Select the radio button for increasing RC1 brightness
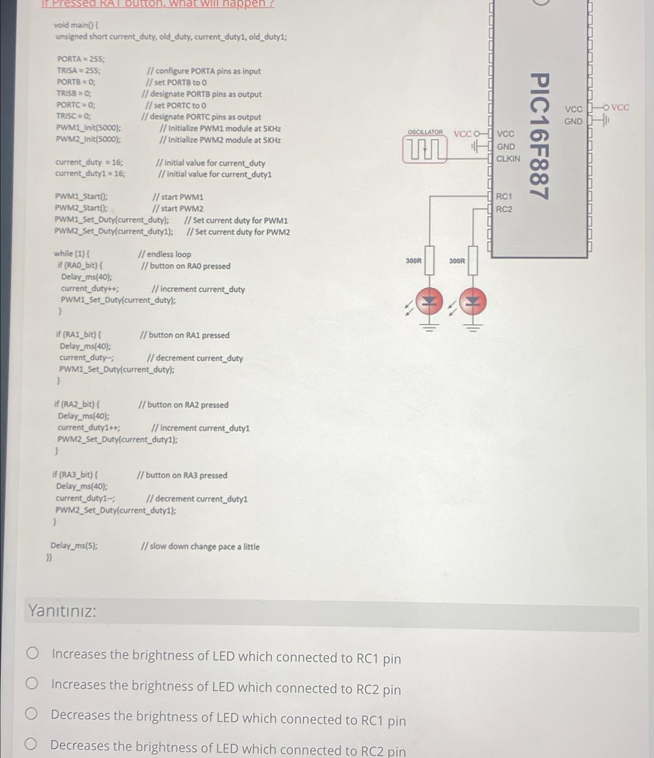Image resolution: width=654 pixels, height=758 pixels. (x=32, y=653)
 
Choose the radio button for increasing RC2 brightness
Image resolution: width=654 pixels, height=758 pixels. (x=32, y=683)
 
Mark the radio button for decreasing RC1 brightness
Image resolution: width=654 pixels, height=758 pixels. (x=32, y=714)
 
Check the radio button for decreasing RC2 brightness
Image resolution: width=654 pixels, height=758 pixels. (x=31, y=744)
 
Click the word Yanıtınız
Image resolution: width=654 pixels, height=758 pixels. (x=62, y=611)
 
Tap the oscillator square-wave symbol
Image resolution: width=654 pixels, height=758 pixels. (x=425, y=150)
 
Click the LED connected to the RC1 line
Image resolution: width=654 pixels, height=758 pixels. (x=429, y=302)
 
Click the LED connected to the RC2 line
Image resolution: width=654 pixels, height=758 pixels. (x=473, y=302)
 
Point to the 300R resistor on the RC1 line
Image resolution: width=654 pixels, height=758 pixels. (x=429, y=261)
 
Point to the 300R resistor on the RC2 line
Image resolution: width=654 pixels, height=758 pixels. (x=473, y=261)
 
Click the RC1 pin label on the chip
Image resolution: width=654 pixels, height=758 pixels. (x=504, y=196)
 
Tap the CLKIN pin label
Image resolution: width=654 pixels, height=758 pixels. (x=508, y=159)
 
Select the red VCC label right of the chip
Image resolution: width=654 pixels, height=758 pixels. (x=620, y=108)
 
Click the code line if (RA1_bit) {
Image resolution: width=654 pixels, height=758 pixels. (x=79, y=334)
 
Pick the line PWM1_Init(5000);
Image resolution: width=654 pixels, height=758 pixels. (x=89, y=128)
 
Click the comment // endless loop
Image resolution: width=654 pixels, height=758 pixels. (x=165, y=254)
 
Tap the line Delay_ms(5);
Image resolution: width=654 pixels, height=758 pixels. (x=74, y=546)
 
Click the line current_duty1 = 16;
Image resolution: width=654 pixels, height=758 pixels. (x=90, y=174)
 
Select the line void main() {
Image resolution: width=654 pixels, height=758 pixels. (x=76, y=25)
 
